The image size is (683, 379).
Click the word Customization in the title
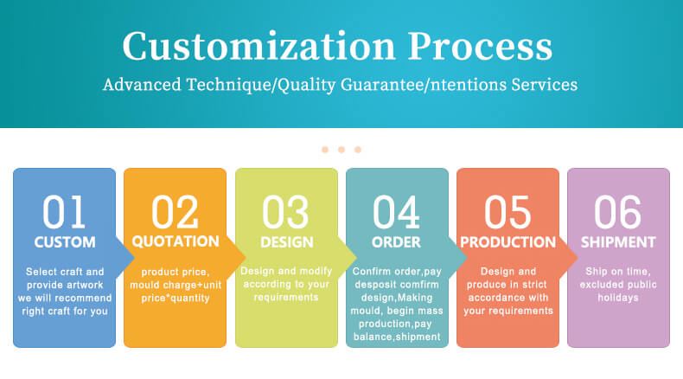[x=259, y=46]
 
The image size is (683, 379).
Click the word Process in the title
[x=480, y=46]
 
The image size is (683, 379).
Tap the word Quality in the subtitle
[x=307, y=85]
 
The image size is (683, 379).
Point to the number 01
[x=64, y=212]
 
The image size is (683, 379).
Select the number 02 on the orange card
[x=175, y=212]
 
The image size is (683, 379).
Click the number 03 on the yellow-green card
[x=286, y=212]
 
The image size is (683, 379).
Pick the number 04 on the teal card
[x=396, y=212]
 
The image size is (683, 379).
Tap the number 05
[x=507, y=212]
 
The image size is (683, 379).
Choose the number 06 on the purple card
[x=618, y=212]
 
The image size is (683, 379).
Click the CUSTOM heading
[x=65, y=242]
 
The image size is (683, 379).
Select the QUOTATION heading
[x=176, y=241]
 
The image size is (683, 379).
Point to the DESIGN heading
[x=287, y=242]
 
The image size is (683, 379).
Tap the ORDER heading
[x=396, y=242]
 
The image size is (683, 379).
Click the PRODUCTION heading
[x=507, y=242]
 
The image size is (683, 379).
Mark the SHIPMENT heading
[x=618, y=242]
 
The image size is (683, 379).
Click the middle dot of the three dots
[x=341, y=150]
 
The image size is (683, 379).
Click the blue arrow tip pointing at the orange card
[x=134, y=258]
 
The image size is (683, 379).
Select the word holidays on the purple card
[x=618, y=298]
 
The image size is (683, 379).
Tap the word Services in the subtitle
[x=545, y=85]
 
